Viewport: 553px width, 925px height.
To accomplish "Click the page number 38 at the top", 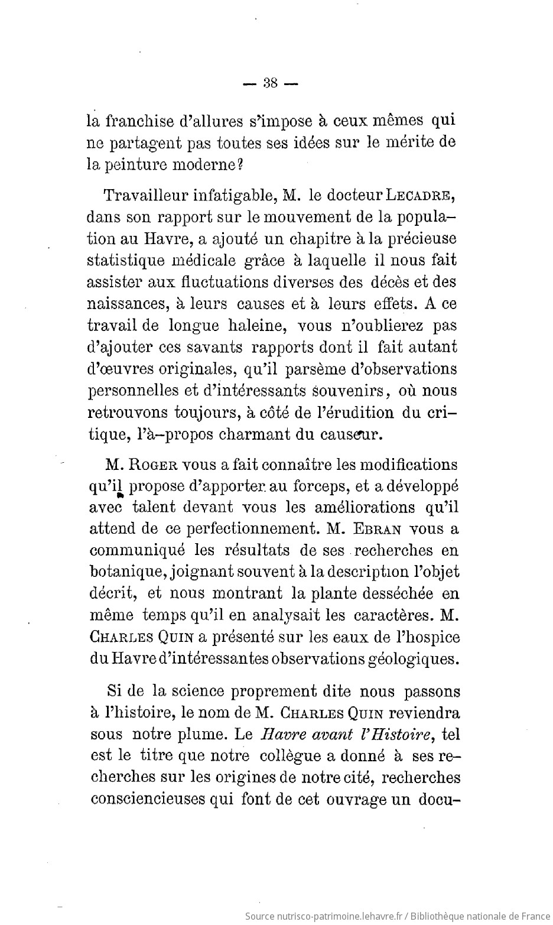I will [271, 83].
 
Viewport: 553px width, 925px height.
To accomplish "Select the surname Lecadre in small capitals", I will [422, 195].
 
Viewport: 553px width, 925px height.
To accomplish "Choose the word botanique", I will [122, 572].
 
